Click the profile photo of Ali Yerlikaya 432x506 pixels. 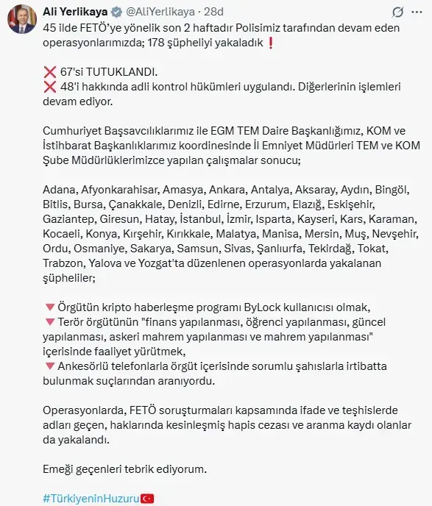pos(21,20)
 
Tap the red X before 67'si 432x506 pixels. pos(50,73)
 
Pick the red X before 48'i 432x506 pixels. pos(50,87)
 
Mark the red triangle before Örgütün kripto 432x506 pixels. pos(49,307)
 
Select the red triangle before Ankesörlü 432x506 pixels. pos(49,366)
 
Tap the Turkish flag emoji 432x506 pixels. pos(147,499)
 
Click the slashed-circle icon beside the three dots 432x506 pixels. pos(397,13)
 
